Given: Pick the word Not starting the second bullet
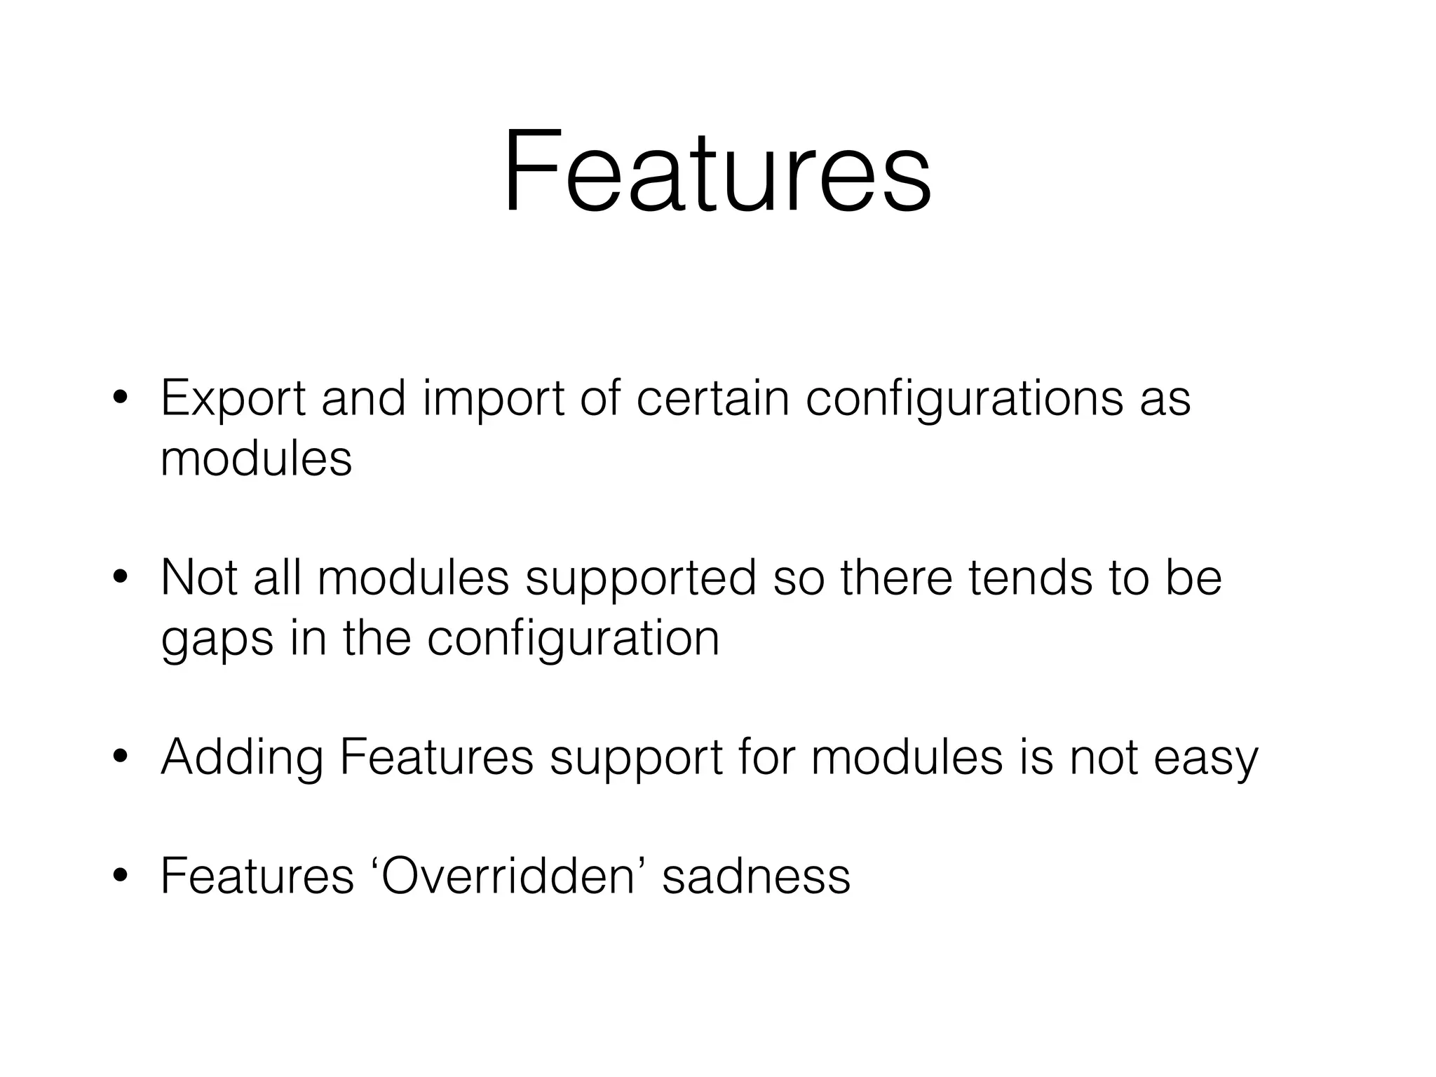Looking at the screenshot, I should tap(199, 578).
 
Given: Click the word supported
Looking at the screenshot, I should tap(641, 579).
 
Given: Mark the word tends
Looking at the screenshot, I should tap(1031, 578).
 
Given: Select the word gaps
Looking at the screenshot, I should tap(217, 639).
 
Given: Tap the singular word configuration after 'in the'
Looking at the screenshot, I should tap(573, 639).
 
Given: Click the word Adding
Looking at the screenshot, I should tap(242, 759).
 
